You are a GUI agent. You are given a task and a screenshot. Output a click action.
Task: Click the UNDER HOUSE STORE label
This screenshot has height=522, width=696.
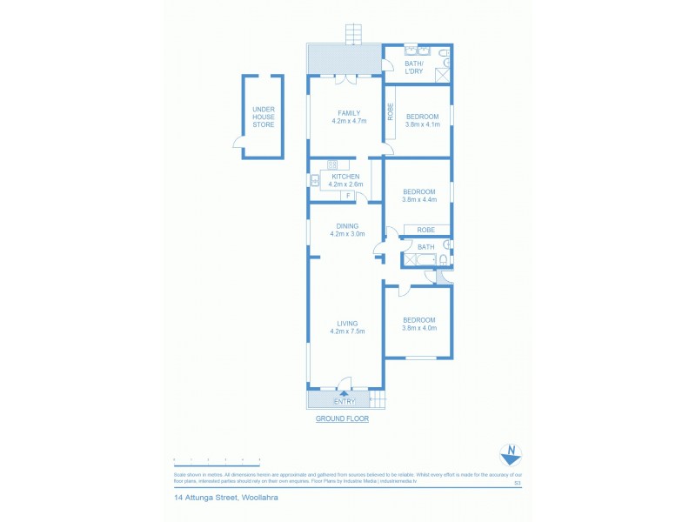(263, 117)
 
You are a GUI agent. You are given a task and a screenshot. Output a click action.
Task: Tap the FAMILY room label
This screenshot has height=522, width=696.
(349, 112)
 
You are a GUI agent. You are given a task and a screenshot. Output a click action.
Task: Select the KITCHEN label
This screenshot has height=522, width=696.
(345, 177)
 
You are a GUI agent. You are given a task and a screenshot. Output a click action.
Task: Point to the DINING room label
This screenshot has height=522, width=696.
(347, 226)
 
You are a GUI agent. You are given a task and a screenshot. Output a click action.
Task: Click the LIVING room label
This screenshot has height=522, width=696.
(348, 324)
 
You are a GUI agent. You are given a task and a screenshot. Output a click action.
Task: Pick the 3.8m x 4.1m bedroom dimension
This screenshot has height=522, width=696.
(423, 124)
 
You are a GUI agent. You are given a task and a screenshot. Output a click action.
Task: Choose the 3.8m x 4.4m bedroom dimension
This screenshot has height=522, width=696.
(423, 200)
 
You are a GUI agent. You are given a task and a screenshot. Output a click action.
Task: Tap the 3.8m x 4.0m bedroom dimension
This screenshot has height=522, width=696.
(419, 328)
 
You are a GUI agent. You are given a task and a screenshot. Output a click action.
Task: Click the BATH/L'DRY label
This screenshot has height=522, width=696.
(413, 67)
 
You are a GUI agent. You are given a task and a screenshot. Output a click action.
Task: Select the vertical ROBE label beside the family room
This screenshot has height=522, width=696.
(391, 112)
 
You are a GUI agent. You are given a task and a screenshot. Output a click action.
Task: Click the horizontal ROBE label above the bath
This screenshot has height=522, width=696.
(425, 230)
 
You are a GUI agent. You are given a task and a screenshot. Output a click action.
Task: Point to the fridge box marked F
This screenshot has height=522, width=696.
(348, 196)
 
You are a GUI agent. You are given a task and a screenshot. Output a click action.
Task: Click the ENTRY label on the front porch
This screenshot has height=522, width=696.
(345, 401)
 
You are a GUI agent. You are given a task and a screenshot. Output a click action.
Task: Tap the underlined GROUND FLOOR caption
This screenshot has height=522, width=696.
(342, 418)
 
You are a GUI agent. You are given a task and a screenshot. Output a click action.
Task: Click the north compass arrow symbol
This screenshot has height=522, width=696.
(511, 453)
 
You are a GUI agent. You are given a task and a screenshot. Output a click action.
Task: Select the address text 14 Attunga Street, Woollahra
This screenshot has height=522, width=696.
(225, 499)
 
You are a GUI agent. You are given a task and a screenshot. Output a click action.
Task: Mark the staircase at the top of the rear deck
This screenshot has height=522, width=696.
(353, 35)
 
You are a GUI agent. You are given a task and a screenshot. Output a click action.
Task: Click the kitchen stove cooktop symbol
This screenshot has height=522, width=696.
(331, 164)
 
